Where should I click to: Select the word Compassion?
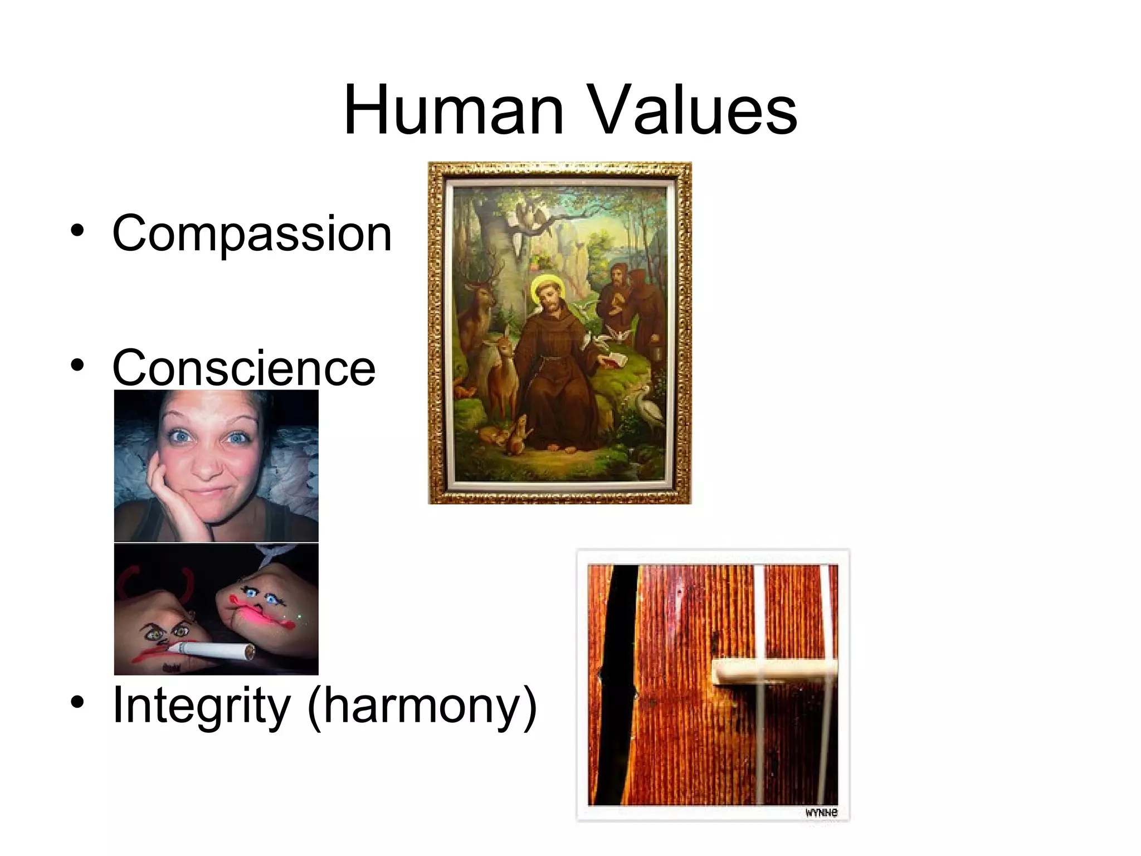[252, 234]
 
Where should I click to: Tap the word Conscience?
[244, 368]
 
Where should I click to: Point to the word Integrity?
[201, 706]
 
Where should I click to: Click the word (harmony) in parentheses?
[422, 707]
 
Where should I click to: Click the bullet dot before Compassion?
[77, 230]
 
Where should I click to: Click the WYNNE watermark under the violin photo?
[821, 813]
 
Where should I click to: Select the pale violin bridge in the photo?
[774, 671]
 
